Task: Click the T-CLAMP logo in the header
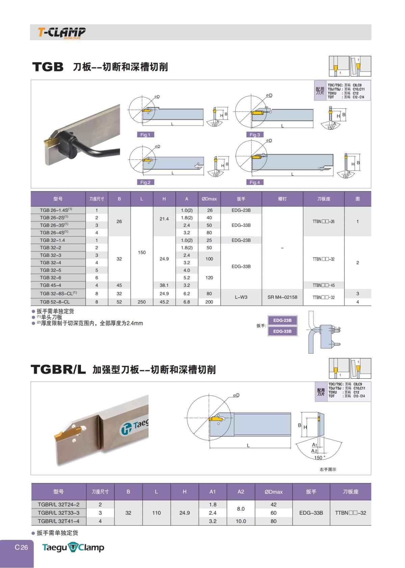click(61, 32)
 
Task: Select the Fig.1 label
click(145, 135)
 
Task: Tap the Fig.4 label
click(254, 182)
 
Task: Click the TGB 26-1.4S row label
click(56, 210)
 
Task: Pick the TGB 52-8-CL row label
click(55, 302)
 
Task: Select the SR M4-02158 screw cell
click(282, 297)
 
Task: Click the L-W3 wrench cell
click(241, 297)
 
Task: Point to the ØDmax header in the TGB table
click(209, 199)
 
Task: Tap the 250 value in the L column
click(142, 302)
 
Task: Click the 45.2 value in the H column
click(164, 302)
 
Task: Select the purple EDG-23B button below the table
click(282, 320)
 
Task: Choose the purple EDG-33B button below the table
click(282, 331)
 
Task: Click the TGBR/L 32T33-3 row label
click(58, 513)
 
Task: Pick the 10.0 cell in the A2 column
click(241, 521)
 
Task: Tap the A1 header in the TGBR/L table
click(213, 492)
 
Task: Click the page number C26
click(21, 547)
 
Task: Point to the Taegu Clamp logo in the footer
click(73, 547)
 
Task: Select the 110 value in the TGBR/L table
click(156, 513)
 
